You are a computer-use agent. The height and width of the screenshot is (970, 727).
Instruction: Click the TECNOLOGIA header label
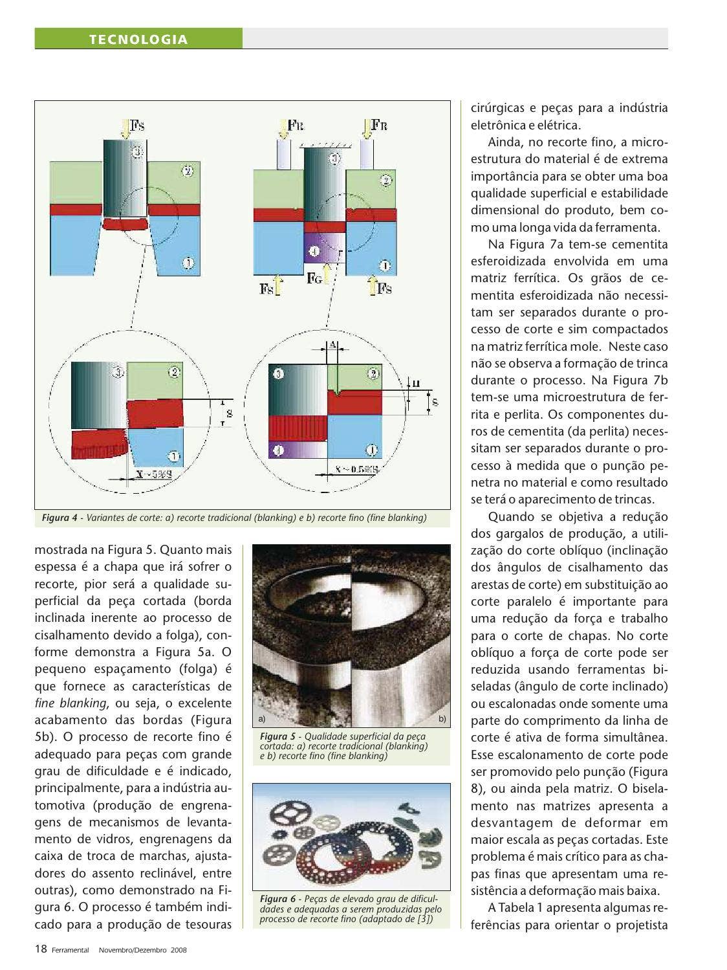(138, 39)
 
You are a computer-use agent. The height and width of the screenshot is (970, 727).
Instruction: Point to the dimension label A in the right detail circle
(332, 345)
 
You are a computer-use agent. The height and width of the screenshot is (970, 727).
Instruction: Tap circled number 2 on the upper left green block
(187, 171)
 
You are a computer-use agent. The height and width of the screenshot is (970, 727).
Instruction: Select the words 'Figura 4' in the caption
(60, 518)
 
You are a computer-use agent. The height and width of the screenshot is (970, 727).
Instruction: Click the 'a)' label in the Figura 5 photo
(261, 719)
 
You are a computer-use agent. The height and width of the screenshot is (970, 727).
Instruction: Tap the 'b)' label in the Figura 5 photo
(442, 719)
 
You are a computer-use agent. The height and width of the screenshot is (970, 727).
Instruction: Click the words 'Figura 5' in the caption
(277, 736)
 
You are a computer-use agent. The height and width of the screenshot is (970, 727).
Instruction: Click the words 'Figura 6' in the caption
(277, 899)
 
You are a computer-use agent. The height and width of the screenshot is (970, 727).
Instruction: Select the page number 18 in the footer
(40, 949)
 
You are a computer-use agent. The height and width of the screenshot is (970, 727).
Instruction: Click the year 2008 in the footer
(179, 950)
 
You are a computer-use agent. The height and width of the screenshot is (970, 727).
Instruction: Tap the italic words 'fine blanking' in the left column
(69, 703)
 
